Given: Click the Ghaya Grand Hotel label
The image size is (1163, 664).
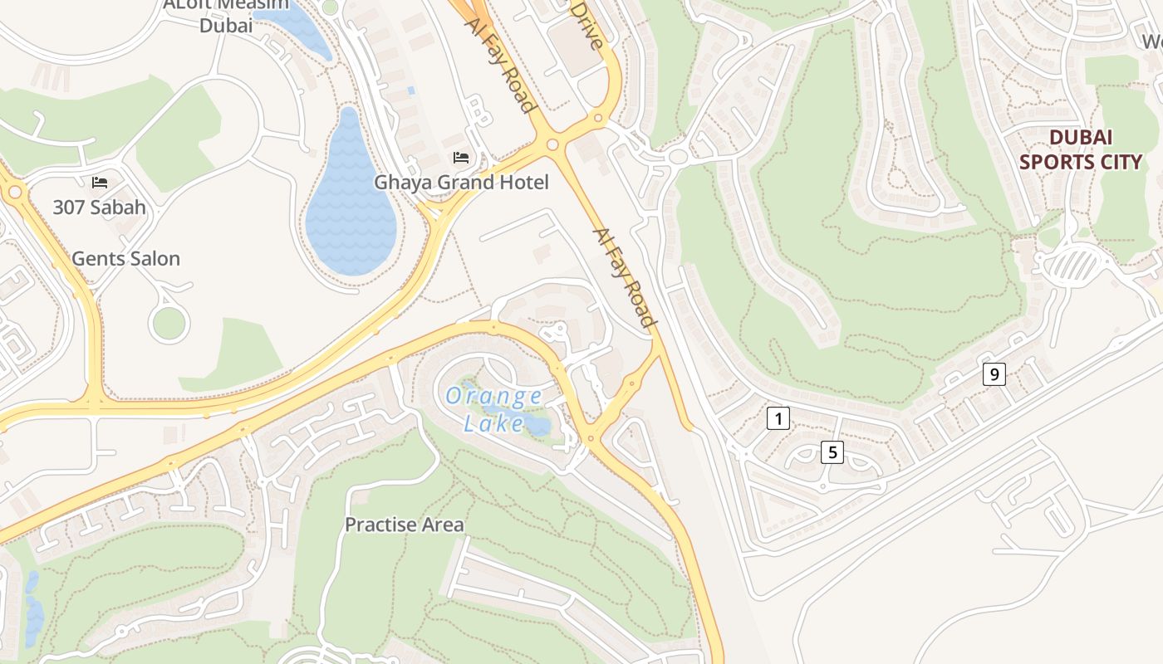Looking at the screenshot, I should [x=461, y=183].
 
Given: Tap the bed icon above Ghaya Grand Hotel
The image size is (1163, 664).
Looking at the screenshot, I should [x=461, y=158].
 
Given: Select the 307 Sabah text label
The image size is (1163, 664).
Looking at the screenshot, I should [x=99, y=207].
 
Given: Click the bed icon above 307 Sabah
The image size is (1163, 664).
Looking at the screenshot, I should [x=100, y=182].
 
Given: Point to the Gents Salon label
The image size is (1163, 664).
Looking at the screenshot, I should [x=125, y=259].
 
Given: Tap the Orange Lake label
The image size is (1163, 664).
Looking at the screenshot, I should [x=493, y=409].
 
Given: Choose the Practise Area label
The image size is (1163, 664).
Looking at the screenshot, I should [x=404, y=525].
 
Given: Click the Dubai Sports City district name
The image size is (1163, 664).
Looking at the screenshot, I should [x=1080, y=149].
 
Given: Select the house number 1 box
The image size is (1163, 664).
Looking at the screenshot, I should [x=778, y=418].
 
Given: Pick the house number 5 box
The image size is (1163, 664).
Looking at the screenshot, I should [x=832, y=452].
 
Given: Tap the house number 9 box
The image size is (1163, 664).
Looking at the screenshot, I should [x=994, y=374].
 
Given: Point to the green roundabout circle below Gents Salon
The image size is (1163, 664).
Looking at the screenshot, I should [x=169, y=324].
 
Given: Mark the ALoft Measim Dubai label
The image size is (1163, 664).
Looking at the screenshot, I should [x=225, y=15].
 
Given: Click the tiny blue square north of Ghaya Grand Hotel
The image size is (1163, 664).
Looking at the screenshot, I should [x=410, y=90].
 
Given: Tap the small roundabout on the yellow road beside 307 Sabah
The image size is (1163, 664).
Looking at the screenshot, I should [x=14, y=193].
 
